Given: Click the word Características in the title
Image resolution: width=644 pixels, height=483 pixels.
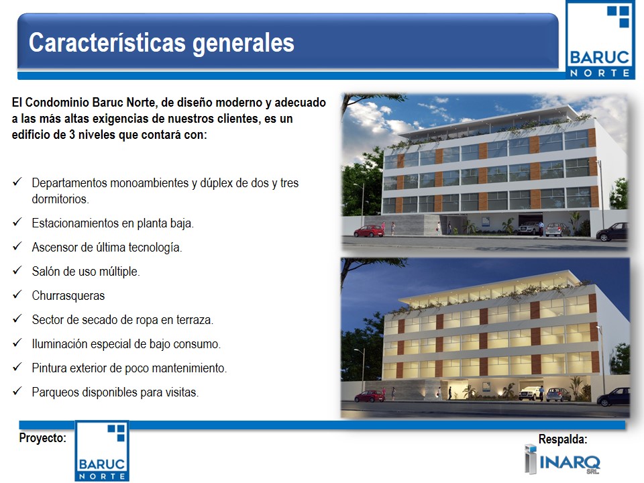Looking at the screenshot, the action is [x=107, y=43].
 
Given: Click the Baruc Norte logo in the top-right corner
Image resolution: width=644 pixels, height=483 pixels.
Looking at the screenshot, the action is [x=600, y=40].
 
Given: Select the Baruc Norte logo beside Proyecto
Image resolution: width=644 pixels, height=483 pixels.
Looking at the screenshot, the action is [x=102, y=451].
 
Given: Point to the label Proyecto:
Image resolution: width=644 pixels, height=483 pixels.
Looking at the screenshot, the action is [x=42, y=438].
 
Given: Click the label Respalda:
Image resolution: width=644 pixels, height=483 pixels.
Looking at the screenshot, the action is [x=563, y=439].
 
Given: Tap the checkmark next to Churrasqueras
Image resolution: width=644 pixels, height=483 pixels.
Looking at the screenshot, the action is [x=17, y=295].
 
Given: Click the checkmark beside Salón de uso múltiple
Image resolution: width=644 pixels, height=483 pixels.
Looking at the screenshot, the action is [x=17, y=270].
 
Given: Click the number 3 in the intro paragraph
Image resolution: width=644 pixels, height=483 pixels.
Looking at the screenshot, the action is [x=72, y=135].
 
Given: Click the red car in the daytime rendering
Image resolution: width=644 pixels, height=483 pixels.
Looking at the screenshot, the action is [x=369, y=231].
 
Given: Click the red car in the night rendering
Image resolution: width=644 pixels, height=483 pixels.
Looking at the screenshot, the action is [x=370, y=396].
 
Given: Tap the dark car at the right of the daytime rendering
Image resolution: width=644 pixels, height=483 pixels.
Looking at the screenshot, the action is [x=612, y=232].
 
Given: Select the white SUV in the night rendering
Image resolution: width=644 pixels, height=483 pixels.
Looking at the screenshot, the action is [x=530, y=393].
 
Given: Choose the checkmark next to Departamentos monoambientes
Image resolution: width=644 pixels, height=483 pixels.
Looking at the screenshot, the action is [x=17, y=182].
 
